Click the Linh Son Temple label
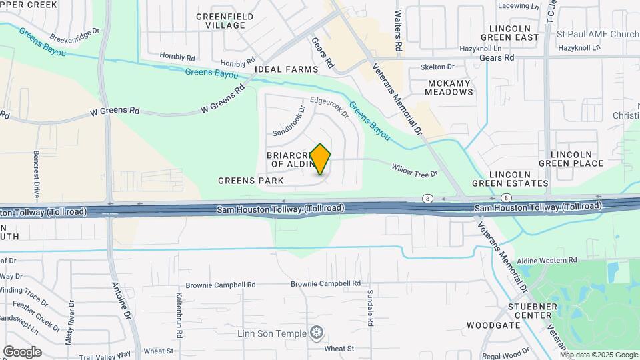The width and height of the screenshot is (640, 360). click(273, 333)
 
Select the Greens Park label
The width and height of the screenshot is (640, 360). click(251, 181)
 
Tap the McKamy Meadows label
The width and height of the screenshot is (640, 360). click(449, 87)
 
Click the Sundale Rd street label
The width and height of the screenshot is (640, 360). click(369, 308)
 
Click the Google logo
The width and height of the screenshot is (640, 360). click(22, 352)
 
